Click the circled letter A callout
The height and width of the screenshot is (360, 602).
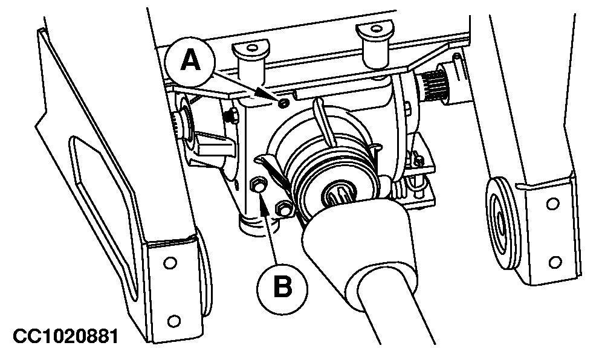(190, 62)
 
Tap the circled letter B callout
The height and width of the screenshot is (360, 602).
(282, 287)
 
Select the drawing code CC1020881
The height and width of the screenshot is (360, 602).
(65, 336)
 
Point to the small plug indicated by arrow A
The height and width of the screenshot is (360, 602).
(284, 103)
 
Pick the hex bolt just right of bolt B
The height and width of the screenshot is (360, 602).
(283, 209)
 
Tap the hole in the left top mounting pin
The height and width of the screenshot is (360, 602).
(252, 48)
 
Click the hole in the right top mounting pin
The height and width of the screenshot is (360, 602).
(375, 28)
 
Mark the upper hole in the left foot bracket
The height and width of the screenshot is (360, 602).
(170, 263)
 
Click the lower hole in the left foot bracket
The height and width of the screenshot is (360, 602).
(174, 320)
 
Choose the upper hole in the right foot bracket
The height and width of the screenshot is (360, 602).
(552, 204)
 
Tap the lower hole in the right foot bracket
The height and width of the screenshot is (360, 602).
(555, 262)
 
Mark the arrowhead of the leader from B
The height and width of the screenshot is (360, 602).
(264, 204)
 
